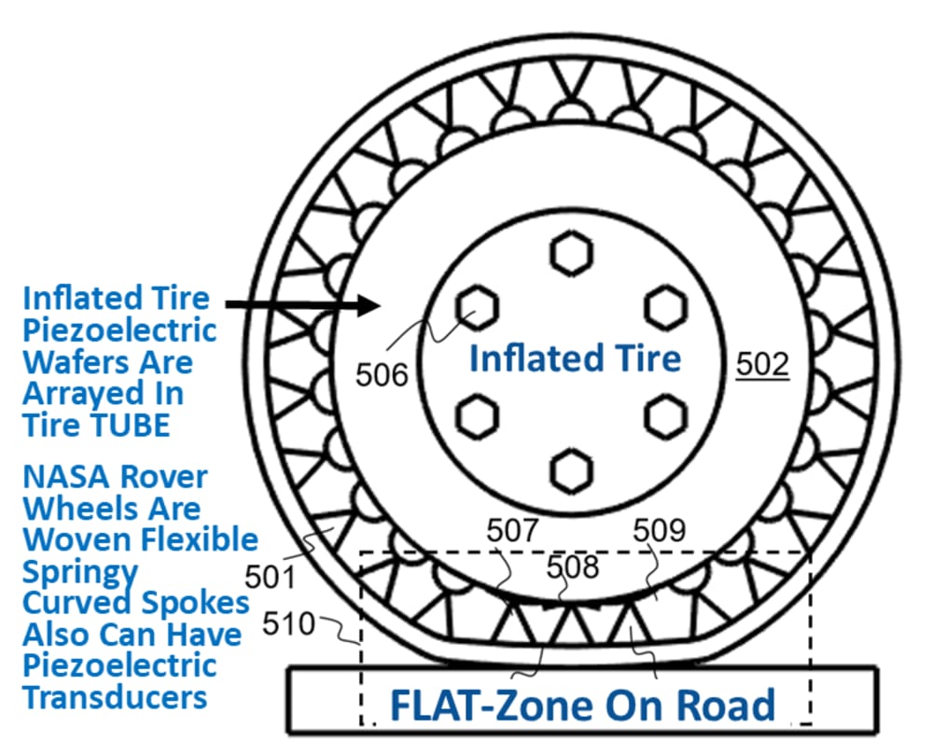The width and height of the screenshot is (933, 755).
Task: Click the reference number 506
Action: click(x=383, y=374)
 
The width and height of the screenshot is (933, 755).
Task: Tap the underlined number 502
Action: click(x=762, y=364)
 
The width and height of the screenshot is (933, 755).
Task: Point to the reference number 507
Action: click(x=512, y=530)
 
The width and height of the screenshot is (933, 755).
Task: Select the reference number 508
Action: click(x=572, y=566)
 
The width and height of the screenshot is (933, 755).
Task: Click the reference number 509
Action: click(x=659, y=530)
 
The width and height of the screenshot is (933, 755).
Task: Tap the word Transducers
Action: click(x=114, y=696)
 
